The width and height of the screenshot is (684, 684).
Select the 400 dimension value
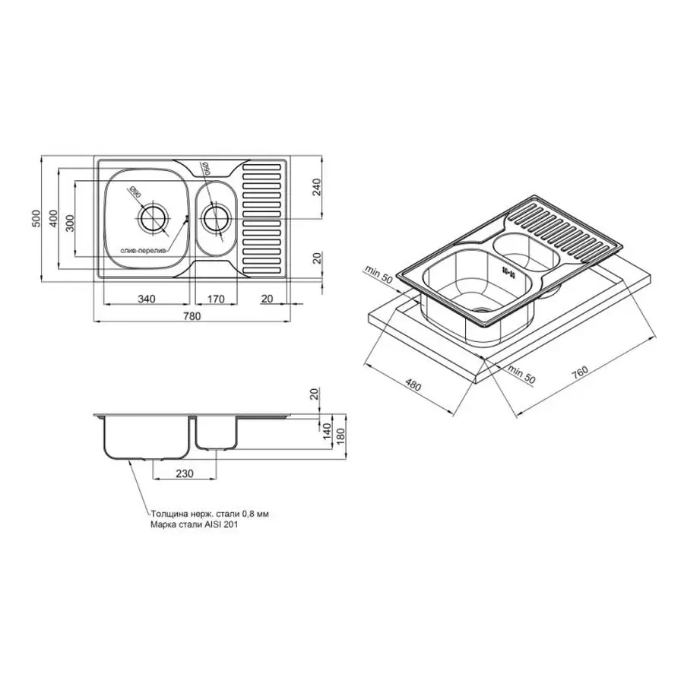[x=52, y=219]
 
